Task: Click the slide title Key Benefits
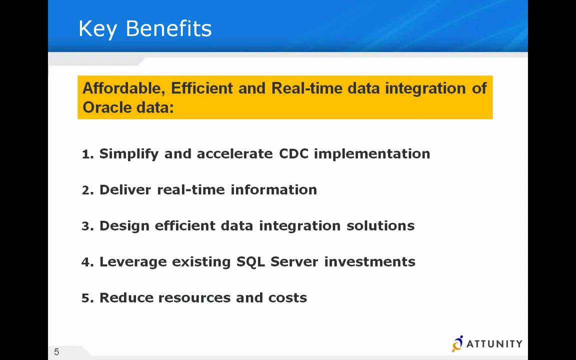tap(145, 28)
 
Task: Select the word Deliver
tap(125, 190)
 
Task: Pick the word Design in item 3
tap(124, 226)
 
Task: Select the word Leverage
tap(133, 262)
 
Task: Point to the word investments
tap(369, 262)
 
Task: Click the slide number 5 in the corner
tap(56, 352)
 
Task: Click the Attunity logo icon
tap(457, 343)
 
